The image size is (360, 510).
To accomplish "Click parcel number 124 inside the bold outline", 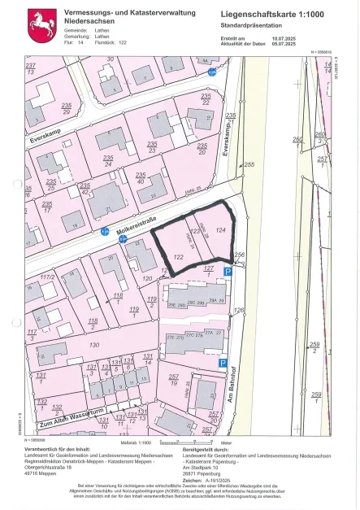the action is (220, 230).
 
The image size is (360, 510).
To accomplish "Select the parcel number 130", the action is (94, 345).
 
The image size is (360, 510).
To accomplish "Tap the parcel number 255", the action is (249, 165).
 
